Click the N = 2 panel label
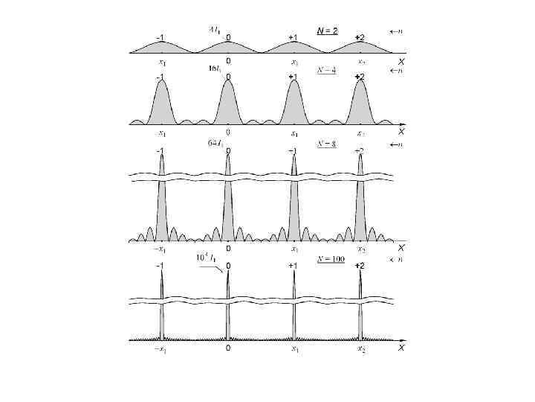(x=327, y=31)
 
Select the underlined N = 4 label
(x=326, y=71)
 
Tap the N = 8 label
(x=326, y=144)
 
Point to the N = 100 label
(x=329, y=260)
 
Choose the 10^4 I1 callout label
(x=206, y=257)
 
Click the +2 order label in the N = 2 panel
(x=360, y=37)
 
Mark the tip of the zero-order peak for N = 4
(x=227, y=80)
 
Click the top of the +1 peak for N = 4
(x=294, y=80)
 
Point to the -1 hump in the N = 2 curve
(x=161, y=42)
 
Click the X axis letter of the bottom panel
(x=401, y=348)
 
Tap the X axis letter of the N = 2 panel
(x=401, y=62)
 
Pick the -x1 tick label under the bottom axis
(x=160, y=348)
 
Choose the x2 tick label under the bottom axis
(x=361, y=348)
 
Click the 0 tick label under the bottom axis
(x=228, y=348)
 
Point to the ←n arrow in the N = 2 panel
(x=397, y=31)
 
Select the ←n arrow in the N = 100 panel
(x=397, y=260)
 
